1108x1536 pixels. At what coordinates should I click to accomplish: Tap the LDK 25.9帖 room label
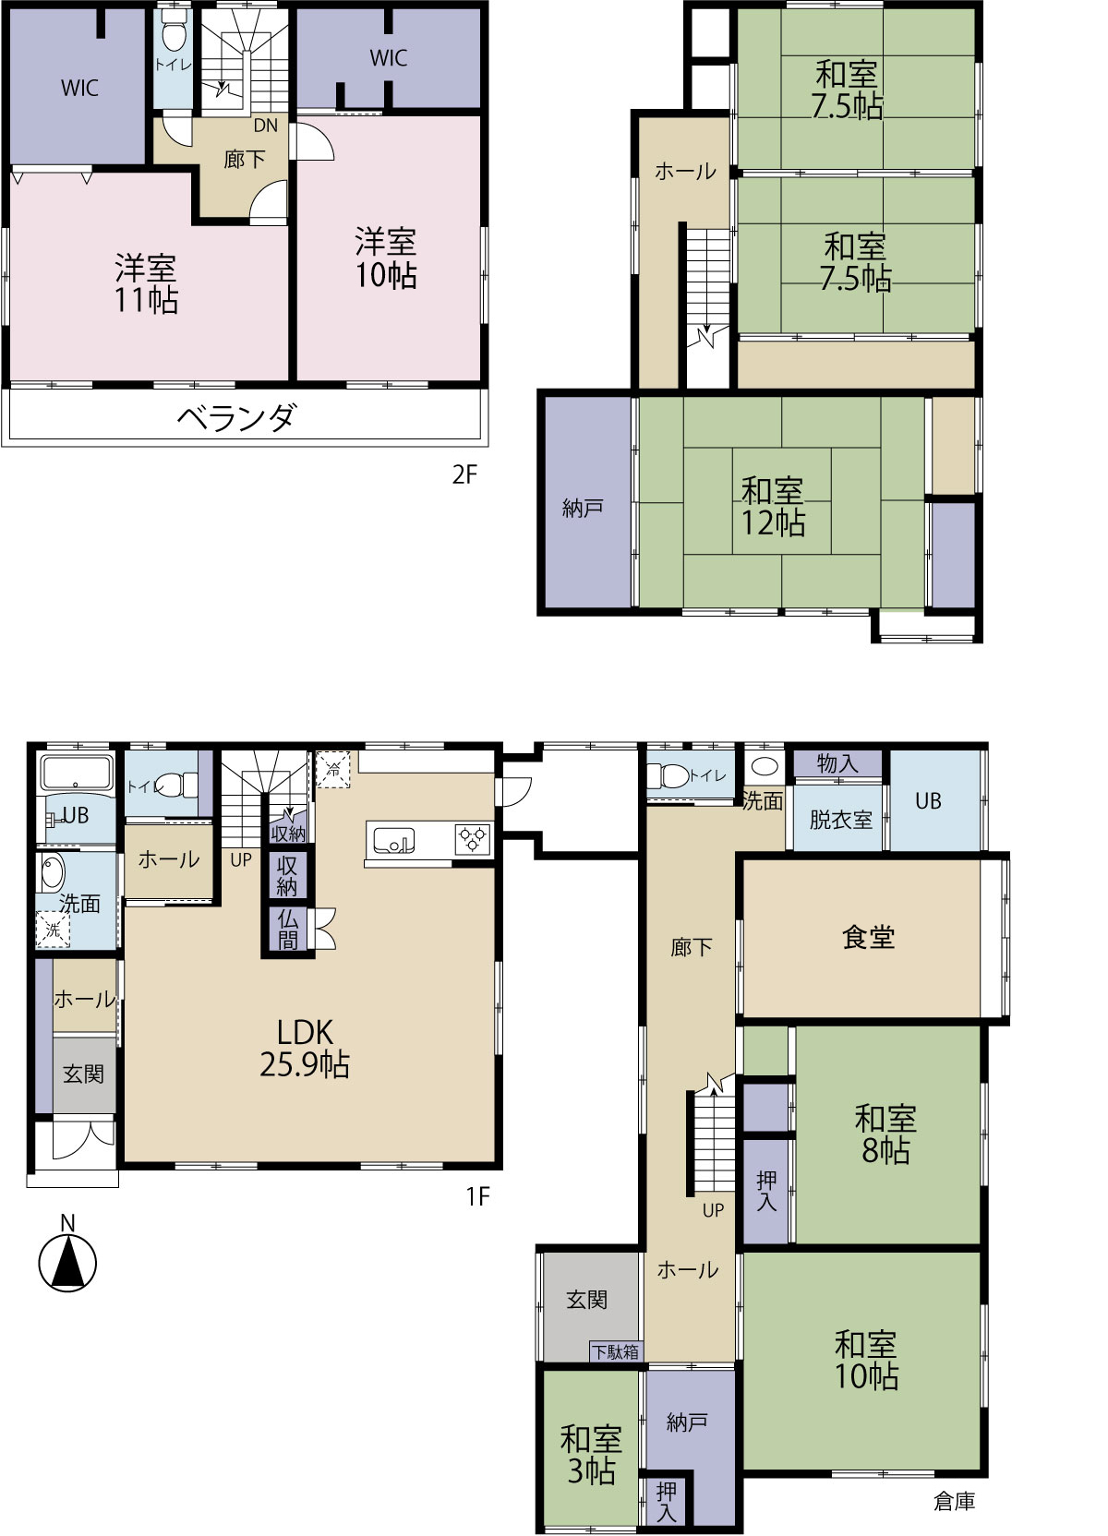click(x=305, y=1049)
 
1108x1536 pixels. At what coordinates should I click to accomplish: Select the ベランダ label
click(x=236, y=417)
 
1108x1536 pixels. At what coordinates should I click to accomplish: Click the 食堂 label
click(x=869, y=937)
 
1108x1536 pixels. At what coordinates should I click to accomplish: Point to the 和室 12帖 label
click(x=773, y=507)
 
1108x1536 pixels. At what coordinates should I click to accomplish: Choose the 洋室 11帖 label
click(x=146, y=284)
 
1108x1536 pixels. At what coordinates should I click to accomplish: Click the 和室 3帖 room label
click(x=591, y=1455)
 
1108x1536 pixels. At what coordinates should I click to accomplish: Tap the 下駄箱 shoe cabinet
click(x=616, y=1351)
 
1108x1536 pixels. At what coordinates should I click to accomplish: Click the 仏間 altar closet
click(x=287, y=930)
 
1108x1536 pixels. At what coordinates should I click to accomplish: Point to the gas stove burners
click(x=474, y=839)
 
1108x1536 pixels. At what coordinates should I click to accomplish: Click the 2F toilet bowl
click(x=174, y=34)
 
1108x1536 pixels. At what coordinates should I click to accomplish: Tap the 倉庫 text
click(x=954, y=1501)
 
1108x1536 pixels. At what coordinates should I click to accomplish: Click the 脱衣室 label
click(x=840, y=820)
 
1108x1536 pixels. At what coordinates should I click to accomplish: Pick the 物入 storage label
click(x=837, y=763)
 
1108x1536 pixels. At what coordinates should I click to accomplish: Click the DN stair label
click(x=266, y=126)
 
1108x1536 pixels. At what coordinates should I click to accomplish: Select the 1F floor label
click(x=478, y=1196)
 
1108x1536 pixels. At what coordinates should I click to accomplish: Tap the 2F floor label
click(x=464, y=474)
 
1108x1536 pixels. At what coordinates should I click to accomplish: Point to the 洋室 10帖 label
click(x=386, y=258)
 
